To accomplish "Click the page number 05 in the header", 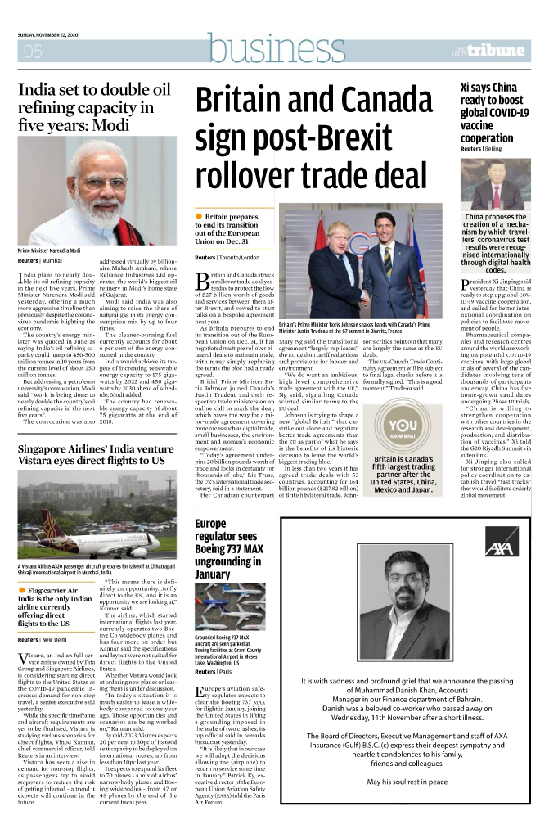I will [x=33, y=52].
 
